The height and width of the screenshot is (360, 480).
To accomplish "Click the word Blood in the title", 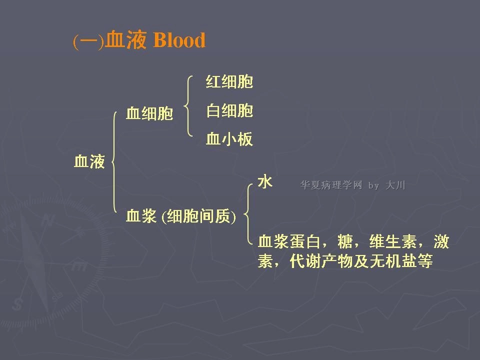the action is [179, 40].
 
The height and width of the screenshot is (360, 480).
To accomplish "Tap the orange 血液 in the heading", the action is [125, 40].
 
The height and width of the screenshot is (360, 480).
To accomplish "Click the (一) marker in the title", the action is [88, 41].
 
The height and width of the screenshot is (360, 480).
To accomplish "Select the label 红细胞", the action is [229, 81].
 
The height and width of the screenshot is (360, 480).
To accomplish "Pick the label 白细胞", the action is [229, 110].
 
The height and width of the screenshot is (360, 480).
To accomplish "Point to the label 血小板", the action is [229, 139].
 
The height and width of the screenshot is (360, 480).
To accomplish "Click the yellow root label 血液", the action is [89, 161].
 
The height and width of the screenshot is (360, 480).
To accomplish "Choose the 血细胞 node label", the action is [149, 113].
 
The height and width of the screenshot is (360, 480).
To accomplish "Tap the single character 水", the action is [265, 182].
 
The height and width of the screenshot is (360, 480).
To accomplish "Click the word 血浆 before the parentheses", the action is [141, 216].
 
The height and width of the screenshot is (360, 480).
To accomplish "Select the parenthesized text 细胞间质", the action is [198, 216].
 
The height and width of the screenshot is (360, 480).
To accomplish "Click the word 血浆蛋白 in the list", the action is [289, 241].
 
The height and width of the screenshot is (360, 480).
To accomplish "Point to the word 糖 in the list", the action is [344, 241].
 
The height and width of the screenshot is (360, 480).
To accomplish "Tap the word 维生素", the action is [393, 241].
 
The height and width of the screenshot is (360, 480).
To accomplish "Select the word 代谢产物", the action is [321, 261].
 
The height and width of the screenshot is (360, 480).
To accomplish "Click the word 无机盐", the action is [393, 261].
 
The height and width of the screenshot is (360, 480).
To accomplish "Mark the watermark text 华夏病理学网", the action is [331, 185].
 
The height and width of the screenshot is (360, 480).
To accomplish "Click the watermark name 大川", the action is [395, 185].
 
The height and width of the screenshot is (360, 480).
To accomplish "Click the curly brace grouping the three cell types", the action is [187, 106].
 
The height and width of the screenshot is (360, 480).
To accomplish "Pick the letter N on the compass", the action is [48, 219].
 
